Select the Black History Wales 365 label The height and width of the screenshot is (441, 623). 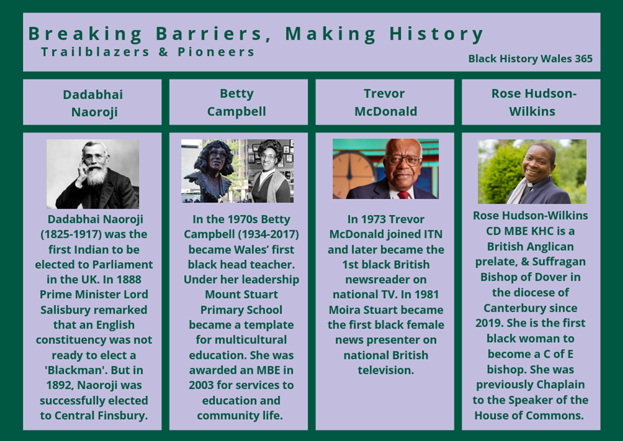(x=530, y=58)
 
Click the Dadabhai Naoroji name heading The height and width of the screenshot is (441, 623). (x=93, y=103)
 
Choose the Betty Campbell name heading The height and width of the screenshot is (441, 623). (x=237, y=102)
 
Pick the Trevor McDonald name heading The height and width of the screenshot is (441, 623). (x=385, y=102)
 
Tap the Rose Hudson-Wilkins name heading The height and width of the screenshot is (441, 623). (x=533, y=102)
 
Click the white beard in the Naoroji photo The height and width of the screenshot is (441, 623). (x=97, y=174)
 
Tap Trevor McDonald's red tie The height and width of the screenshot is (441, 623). (x=404, y=195)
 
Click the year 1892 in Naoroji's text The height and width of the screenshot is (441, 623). (x=58, y=385)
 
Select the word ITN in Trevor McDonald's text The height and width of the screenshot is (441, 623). (x=433, y=234)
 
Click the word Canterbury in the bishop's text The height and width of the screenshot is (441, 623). (x=531, y=308)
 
